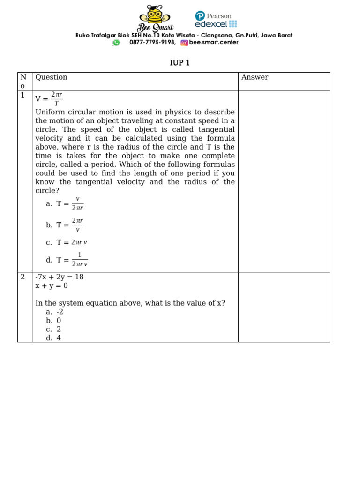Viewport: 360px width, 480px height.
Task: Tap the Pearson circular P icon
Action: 200,16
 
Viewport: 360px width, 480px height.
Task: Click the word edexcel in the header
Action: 211,24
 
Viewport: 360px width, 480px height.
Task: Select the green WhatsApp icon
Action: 116,43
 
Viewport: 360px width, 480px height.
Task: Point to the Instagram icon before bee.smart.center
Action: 184,43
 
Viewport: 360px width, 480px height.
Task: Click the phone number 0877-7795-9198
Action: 152,42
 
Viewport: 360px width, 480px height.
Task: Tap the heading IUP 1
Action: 180,63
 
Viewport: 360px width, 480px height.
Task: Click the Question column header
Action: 52,77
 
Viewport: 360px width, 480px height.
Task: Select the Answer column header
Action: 255,77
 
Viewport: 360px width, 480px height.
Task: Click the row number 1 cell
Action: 22,95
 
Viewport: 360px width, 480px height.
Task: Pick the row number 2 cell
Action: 22,277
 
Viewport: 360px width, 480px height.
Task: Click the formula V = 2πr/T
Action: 49,99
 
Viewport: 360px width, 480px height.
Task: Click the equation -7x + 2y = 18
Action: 60,277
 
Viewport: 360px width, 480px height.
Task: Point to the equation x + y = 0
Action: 52,285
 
